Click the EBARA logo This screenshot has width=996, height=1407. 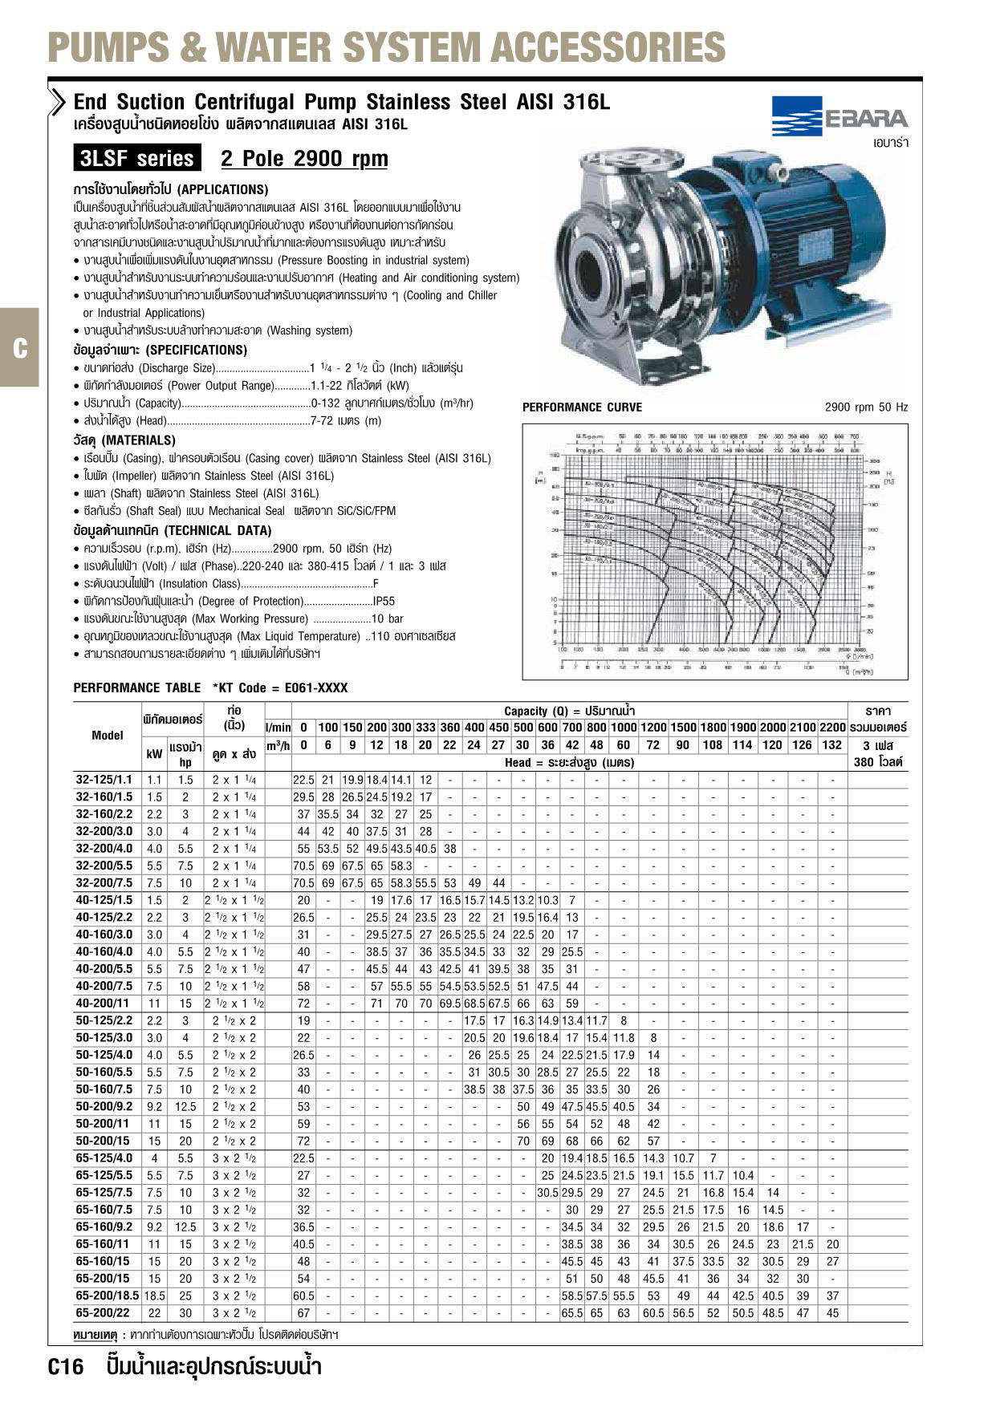click(x=839, y=117)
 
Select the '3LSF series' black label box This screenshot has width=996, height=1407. click(x=136, y=159)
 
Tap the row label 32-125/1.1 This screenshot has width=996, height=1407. click(x=104, y=780)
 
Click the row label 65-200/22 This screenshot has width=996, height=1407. click(x=104, y=1313)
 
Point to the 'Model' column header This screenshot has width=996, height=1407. click(x=108, y=736)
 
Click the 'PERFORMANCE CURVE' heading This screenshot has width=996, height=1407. click(x=582, y=408)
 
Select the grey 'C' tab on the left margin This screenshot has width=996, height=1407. click(x=19, y=348)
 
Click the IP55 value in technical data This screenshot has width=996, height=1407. click(x=384, y=601)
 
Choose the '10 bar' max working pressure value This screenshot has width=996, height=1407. click(x=388, y=618)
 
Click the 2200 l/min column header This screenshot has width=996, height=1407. click(x=833, y=728)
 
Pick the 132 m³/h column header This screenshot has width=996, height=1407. click(x=833, y=745)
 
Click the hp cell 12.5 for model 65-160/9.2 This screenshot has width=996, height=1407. click(x=185, y=1227)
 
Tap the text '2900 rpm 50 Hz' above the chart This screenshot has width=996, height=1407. click(x=866, y=408)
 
